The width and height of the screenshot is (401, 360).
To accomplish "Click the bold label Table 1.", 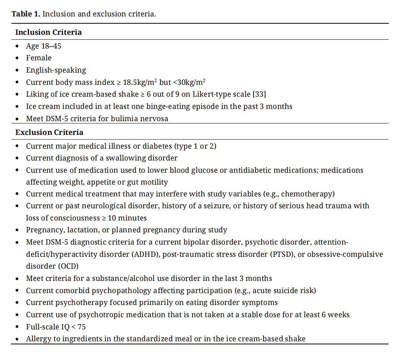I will tap(26, 14).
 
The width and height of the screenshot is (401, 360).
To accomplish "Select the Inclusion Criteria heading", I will tap(49, 32).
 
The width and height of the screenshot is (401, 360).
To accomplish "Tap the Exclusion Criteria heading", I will tap(49, 133).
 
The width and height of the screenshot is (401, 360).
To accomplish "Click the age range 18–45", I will tap(51, 46).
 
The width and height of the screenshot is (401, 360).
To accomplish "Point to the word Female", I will tap(39, 58).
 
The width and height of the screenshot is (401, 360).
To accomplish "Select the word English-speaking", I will tap(56, 70).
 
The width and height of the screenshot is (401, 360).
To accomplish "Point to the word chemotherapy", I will tap(309, 194).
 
